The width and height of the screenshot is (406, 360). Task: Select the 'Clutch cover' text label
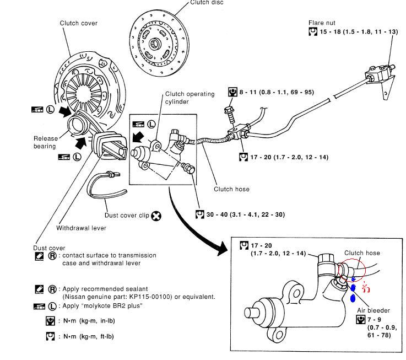point(78,23)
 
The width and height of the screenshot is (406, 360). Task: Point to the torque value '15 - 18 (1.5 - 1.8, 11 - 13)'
point(359,32)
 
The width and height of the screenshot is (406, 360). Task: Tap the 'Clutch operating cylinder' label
point(189,98)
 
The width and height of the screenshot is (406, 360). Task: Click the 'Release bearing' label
point(45,142)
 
